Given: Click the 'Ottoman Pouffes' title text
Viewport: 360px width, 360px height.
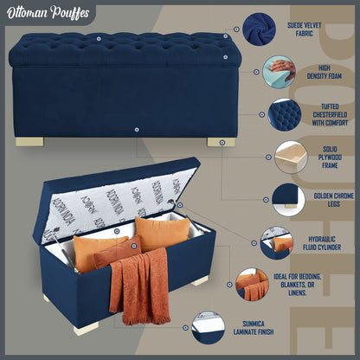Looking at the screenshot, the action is tap(48, 13).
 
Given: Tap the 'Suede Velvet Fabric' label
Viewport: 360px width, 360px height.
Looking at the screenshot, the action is tap(304, 29).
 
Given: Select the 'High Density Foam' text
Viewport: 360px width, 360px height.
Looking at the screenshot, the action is tap(324, 72).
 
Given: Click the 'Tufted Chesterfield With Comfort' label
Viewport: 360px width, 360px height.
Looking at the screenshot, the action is tap(330, 115).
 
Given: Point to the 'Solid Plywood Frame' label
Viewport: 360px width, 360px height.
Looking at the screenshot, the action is tap(330, 157).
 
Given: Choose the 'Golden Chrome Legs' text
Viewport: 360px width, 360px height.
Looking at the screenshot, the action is tap(333, 200).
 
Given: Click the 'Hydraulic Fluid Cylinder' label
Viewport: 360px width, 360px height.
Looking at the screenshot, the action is tap(322, 243).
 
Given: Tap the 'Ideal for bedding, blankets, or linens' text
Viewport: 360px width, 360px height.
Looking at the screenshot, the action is tap(298, 285).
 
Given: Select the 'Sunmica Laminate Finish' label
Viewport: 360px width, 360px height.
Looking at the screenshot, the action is tap(254, 328).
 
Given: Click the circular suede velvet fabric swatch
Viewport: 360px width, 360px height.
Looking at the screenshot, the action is tap(259, 29).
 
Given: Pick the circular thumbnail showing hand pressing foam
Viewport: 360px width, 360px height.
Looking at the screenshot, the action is tap(279, 72).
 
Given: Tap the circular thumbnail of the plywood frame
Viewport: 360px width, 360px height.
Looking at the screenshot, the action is tap(291, 157).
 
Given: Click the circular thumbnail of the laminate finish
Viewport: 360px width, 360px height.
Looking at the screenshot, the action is tap(209, 327).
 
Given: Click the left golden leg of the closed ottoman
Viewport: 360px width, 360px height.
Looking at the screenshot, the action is tap(29, 142).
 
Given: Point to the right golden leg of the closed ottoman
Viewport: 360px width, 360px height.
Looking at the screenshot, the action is tap(221, 142).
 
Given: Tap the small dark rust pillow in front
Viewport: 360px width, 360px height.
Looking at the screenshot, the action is tap(118, 251).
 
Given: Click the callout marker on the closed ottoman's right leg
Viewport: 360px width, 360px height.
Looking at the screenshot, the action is tap(222, 142).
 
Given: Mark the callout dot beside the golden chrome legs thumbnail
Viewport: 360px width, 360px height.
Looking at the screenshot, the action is tap(266, 200).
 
